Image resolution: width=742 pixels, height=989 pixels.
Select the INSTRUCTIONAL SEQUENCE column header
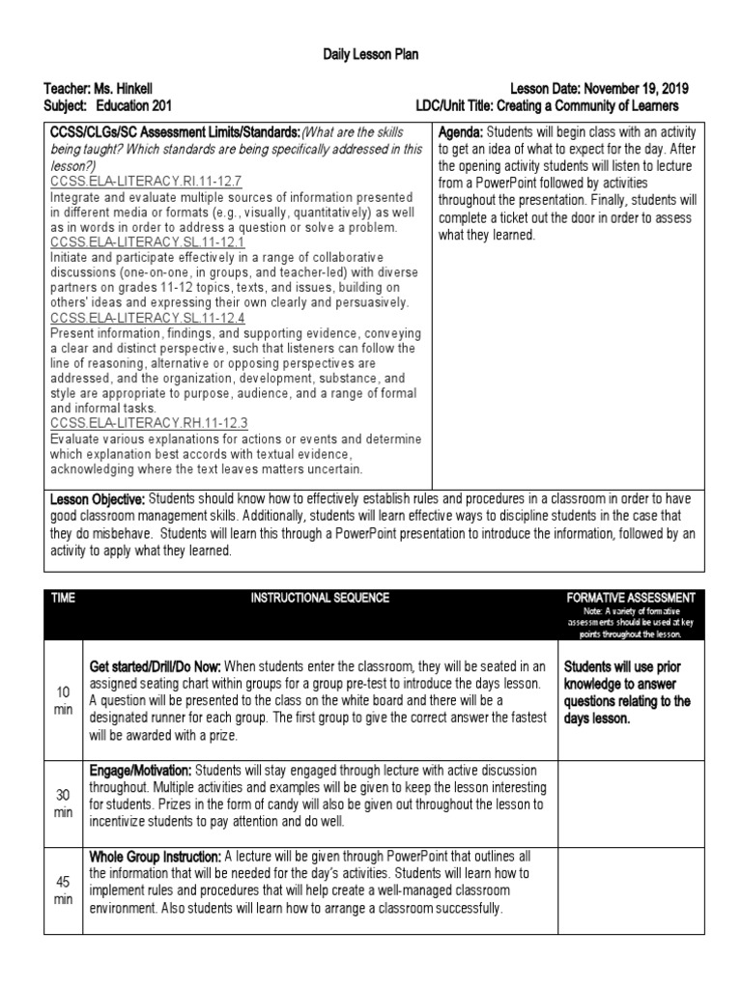click(x=320, y=598)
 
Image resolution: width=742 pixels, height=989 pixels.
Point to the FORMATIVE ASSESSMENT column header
click(x=634, y=598)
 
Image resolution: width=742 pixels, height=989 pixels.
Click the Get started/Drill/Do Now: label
click(x=156, y=666)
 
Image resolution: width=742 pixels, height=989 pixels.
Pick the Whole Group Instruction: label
click(x=155, y=856)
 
